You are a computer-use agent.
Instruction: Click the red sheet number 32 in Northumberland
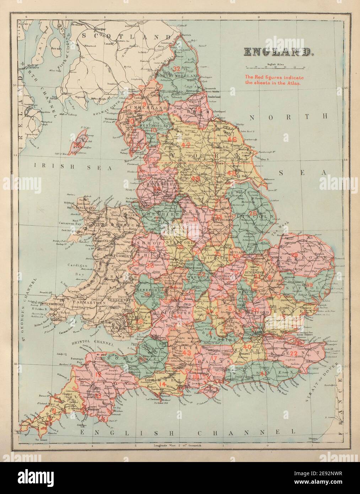pos(177,69)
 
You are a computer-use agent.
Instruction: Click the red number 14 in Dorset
pos(162,385)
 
